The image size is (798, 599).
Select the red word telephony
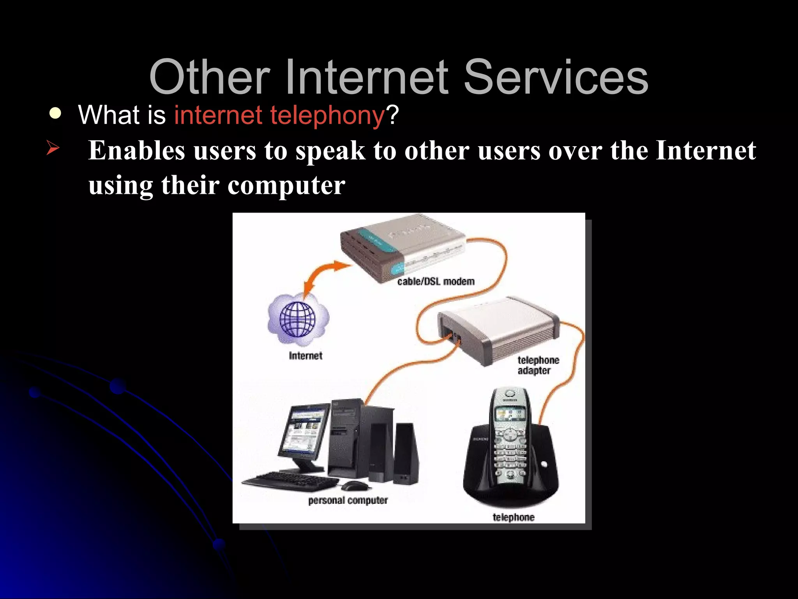point(327,115)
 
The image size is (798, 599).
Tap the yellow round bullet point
point(56,113)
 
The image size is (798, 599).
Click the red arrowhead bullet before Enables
point(53,148)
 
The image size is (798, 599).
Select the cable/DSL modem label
point(436,282)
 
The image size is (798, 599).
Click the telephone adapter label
point(538,365)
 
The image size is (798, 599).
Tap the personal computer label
point(348,500)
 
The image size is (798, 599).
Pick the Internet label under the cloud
point(305,356)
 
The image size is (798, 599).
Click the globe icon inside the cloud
point(298,320)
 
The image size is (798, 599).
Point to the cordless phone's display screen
point(510,415)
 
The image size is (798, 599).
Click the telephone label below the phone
point(513,517)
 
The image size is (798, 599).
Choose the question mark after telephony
point(392,115)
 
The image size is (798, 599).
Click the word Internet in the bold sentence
point(705,151)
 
